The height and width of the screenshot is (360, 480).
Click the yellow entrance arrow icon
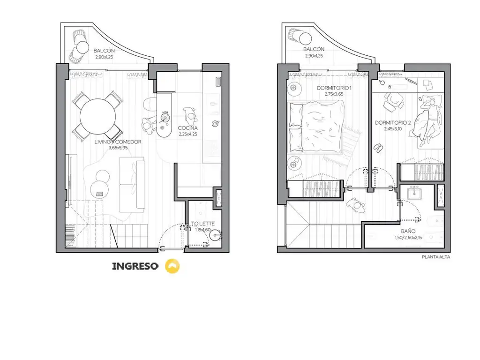point(172,266)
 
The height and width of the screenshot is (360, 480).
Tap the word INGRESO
point(135,266)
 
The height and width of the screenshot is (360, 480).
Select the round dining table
point(98,116)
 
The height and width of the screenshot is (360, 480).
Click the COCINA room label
point(187,128)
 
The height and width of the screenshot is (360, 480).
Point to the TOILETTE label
point(203,224)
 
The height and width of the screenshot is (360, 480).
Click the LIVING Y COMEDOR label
point(118,142)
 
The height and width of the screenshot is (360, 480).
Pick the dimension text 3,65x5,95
point(118,148)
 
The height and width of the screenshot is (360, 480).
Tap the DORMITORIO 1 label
point(334,88)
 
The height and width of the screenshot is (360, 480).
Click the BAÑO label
point(408,232)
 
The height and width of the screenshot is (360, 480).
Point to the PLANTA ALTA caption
point(436,257)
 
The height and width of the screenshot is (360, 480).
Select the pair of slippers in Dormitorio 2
point(378,148)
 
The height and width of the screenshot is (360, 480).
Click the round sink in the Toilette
point(216,236)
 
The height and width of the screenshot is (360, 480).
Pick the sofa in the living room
point(132,185)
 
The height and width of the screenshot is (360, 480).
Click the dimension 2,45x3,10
point(393,129)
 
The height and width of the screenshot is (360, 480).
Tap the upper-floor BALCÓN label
point(314,49)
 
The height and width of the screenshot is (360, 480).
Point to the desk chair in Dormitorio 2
point(393,101)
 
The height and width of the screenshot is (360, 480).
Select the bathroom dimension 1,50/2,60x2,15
point(408,238)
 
